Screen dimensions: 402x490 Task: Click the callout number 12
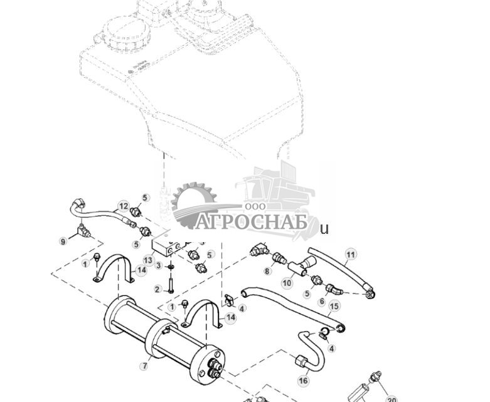124,206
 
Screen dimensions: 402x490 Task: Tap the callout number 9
63,241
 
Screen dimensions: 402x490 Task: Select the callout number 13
148,260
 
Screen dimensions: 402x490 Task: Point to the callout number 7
145,366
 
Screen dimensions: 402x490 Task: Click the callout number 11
351,254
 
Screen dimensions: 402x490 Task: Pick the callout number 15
334,306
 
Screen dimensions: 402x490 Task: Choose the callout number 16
304,380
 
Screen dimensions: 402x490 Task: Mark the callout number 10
287,283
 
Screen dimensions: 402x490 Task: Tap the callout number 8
267,271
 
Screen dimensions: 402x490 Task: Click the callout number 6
321,302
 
